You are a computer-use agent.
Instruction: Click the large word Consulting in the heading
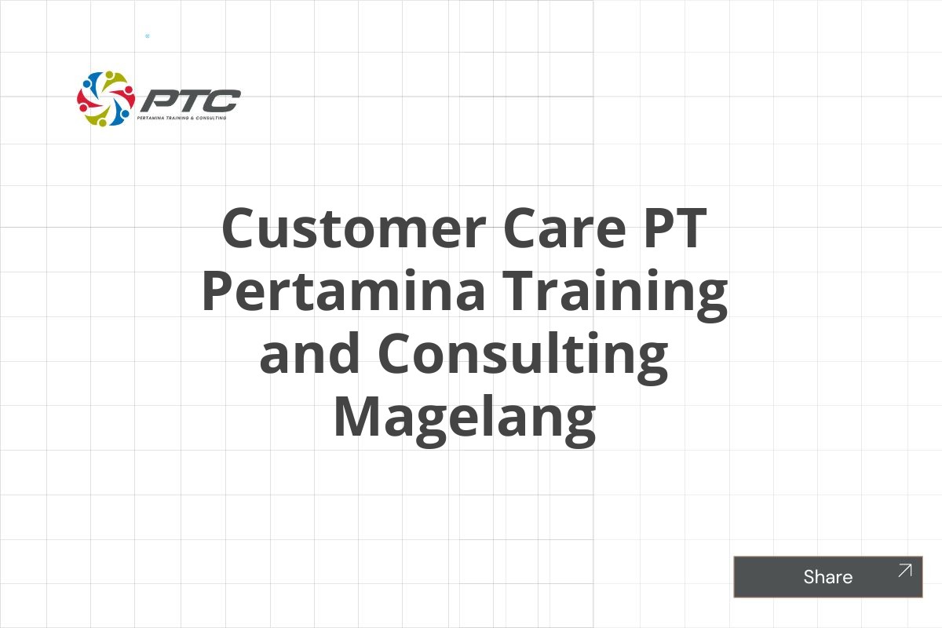click(523, 354)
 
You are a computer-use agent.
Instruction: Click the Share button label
click(827, 577)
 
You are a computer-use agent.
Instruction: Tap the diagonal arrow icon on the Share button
click(905, 571)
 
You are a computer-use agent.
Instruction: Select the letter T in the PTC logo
click(188, 100)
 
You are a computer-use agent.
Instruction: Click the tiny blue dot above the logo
click(147, 36)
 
